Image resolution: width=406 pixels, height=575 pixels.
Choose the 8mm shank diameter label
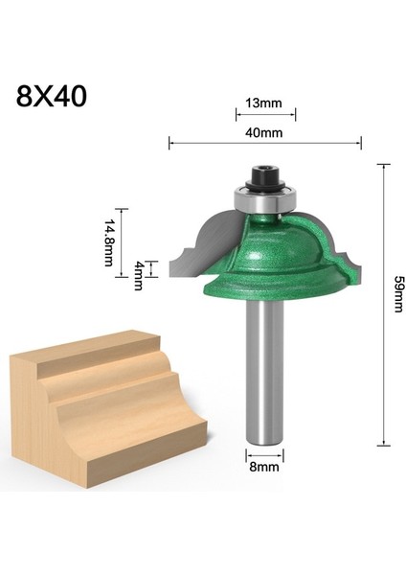[x=265, y=470]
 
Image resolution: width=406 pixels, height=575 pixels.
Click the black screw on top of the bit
[x=264, y=179]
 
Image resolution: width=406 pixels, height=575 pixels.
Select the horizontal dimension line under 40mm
[x=265, y=144]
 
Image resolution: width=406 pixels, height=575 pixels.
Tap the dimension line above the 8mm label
[x=265, y=451]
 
